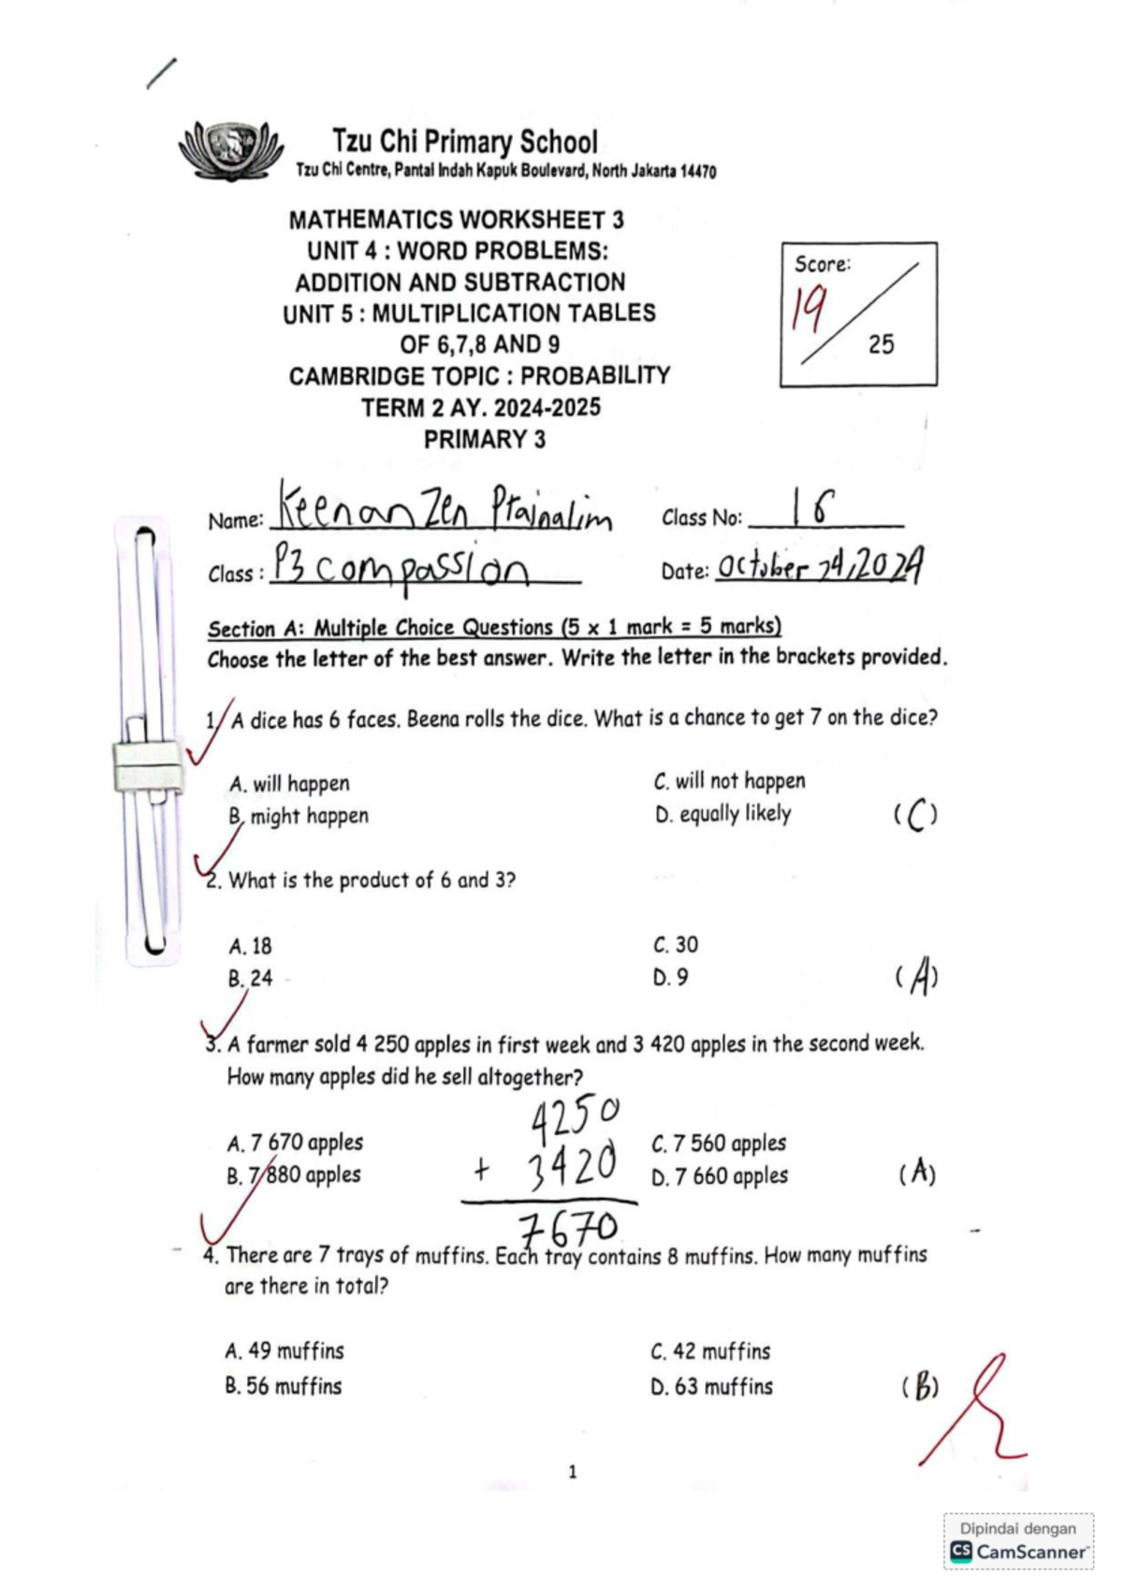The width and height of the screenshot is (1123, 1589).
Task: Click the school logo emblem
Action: tap(230, 149)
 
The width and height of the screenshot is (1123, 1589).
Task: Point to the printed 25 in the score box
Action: tap(881, 344)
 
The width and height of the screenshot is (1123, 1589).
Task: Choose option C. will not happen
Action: tap(729, 780)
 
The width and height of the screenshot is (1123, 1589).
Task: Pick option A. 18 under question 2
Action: tap(250, 946)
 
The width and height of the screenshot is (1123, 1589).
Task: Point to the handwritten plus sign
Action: tap(481, 1169)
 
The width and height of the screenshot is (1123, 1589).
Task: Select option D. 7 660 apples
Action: tap(720, 1176)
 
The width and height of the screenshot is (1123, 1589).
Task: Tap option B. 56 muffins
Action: tap(283, 1386)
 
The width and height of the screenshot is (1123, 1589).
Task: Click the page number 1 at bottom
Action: tap(572, 1472)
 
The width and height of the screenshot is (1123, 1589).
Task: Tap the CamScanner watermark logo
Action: tap(961, 1552)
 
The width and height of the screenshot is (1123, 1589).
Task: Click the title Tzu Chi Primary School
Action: tap(464, 142)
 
